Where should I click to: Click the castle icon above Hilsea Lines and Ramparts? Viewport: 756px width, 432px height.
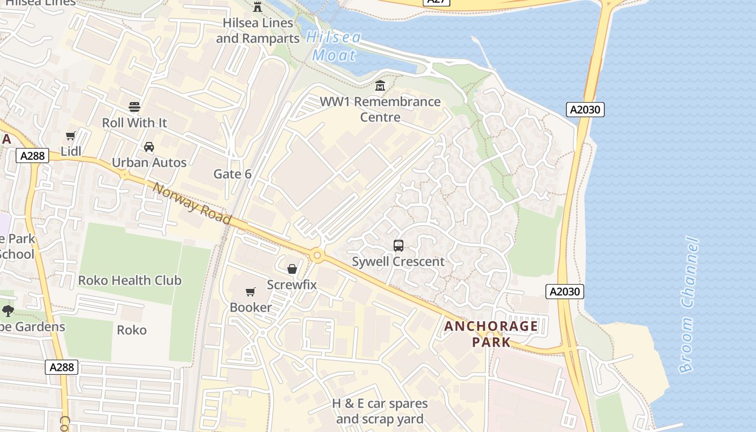258,7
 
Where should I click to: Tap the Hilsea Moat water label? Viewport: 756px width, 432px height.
334,46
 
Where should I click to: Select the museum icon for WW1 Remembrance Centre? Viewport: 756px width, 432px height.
380,86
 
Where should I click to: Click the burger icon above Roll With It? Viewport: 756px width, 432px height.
134,106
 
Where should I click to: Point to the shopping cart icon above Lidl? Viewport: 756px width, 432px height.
71,136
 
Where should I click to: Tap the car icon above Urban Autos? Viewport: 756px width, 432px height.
149,147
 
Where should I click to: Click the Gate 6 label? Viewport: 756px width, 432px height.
232,174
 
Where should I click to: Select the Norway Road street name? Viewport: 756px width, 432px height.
192,204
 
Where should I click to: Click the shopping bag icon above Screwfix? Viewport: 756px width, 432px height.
292,269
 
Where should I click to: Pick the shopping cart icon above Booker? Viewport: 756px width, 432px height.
251,292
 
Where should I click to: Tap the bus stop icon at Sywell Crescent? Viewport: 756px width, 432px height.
399,246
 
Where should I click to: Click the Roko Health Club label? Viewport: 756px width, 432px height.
130,280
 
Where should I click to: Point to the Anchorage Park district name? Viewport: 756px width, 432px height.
491,334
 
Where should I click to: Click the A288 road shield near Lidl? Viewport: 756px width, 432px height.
32,156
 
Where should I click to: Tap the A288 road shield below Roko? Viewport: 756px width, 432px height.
62,368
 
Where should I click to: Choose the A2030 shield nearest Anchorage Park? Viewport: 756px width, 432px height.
564,292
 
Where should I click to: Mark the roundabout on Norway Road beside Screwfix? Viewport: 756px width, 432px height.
317,255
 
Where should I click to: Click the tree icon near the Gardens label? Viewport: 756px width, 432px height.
8,310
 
